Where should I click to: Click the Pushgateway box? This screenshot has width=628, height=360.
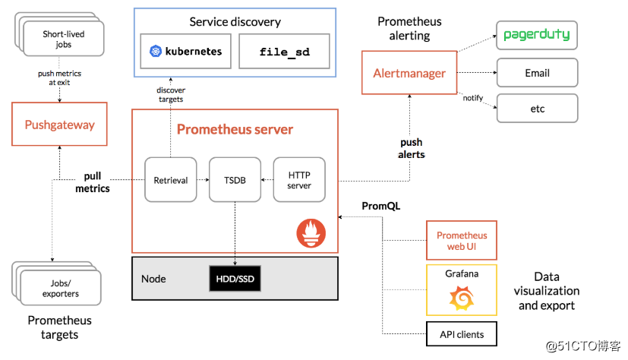pos(59,125)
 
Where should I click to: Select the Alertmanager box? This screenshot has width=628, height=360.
pos(409,74)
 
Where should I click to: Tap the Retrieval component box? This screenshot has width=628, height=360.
pos(170,180)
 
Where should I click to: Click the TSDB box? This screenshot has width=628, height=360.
pos(235,180)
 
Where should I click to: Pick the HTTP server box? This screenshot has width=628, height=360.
pos(299,180)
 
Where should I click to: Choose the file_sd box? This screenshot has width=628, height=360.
pos(274,52)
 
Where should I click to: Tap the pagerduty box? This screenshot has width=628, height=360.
pos(537,36)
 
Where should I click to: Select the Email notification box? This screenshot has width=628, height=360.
pos(537,73)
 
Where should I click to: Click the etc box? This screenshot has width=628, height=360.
pos(537,109)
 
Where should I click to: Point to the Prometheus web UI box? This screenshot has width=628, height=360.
pos(462,241)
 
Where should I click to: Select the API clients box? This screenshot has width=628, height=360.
pos(461,334)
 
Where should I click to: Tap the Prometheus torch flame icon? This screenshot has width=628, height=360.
pos(314,232)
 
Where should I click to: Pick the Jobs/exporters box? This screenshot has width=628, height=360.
pos(59,289)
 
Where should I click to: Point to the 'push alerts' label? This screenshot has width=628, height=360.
pos(412,148)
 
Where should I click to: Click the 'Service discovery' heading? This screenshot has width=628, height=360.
pos(235,22)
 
